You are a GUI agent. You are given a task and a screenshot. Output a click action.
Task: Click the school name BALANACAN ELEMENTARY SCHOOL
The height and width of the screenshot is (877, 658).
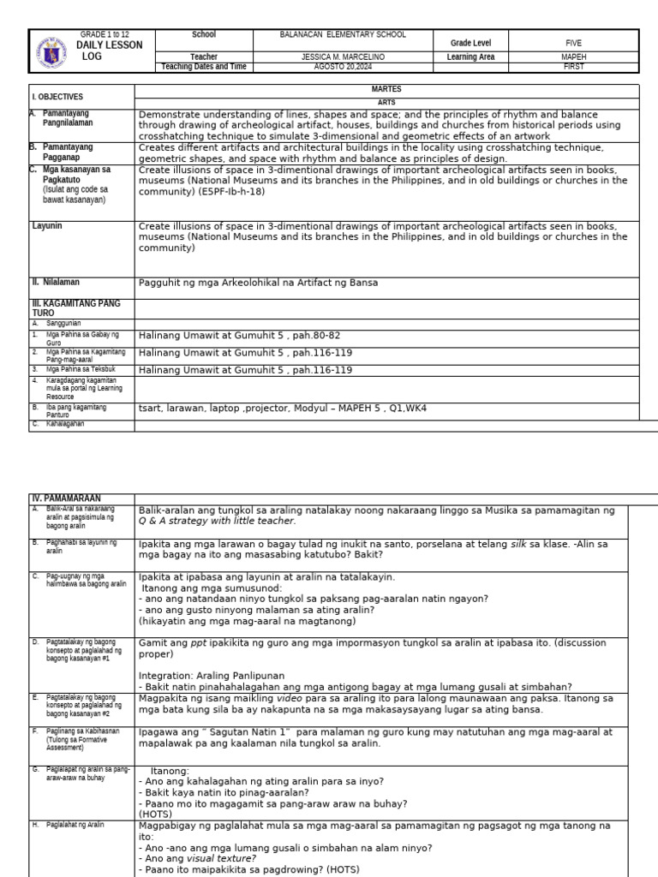[x=343, y=35]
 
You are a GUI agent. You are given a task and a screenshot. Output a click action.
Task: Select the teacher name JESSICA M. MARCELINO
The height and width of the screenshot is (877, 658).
[x=343, y=57]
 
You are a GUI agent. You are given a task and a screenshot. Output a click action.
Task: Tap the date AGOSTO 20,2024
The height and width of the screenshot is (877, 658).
[x=343, y=67]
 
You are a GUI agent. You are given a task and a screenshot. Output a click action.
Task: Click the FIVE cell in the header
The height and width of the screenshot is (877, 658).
[x=573, y=41]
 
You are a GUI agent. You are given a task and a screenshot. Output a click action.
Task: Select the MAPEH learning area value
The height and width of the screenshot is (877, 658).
[x=573, y=57]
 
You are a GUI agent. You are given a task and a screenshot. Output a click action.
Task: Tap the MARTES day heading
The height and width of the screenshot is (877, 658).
[x=386, y=89]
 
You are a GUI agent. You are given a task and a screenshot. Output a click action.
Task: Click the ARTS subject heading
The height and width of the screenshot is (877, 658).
[x=386, y=102]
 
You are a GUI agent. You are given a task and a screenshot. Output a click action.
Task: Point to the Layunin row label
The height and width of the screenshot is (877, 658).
[x=48, y=225]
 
